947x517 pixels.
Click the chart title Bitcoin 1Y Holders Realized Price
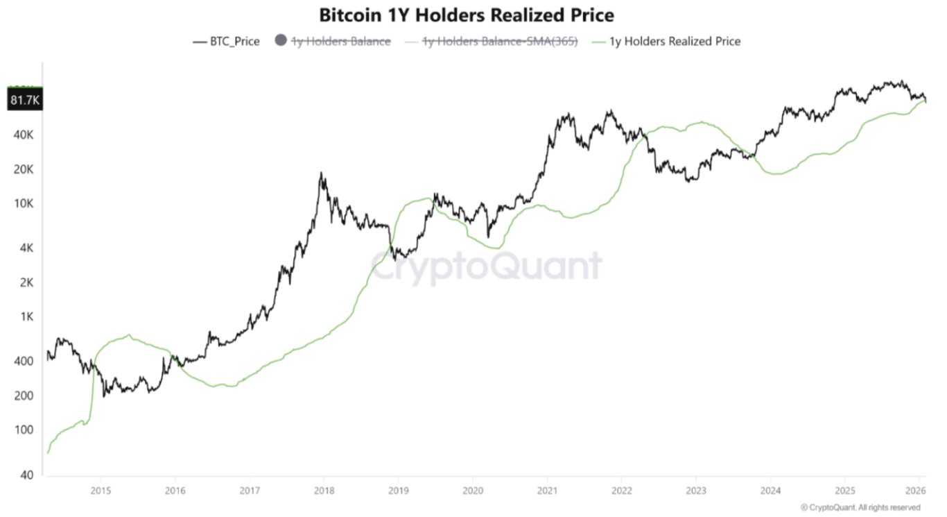[x=466, y=15]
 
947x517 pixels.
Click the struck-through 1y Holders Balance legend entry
[x=340, y=42]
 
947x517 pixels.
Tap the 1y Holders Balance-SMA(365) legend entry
[x=500, y=42]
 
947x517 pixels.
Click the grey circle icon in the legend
[x=280, y=41]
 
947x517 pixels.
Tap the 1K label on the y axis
[x=26, y=317]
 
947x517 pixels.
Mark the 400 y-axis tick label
[x=24, y=361]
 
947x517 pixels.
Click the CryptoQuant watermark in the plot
[x=485, y=266]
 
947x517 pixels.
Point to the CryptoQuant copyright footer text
[x=870, y=508]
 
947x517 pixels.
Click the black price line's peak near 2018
[x=321, y=173]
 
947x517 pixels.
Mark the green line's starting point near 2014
[x=47, y=453]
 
